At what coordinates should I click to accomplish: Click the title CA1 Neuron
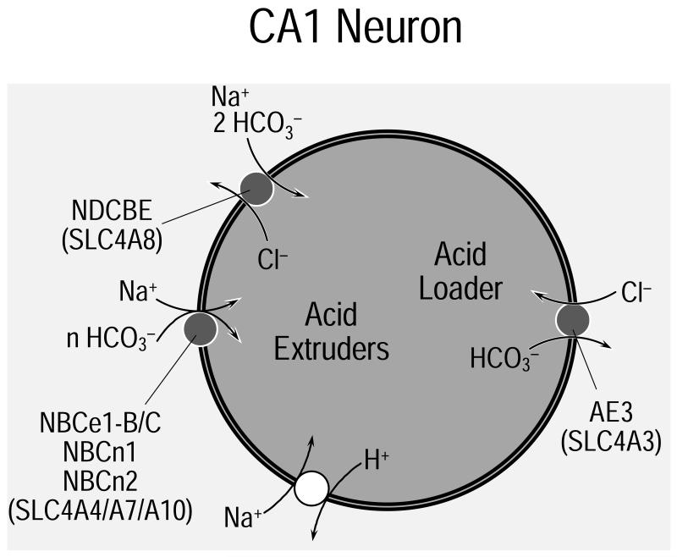click(x=355, y=28)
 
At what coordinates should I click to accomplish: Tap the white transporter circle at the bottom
click(x=311, y=488)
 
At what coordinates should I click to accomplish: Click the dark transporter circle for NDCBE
click(x=256, y=187)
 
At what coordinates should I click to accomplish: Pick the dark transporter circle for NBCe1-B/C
click(x=201, y=328)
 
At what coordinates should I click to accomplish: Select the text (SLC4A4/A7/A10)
click(x=102, y=510)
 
